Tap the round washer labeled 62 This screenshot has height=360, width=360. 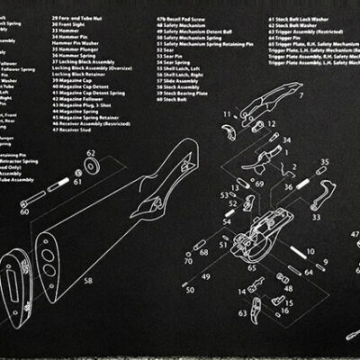[x=91, y=166]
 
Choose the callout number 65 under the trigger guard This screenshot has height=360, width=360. [x=251, y=268]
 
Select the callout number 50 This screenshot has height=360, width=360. [x=189, y=289]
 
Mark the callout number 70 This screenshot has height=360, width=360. [x=188, y=261]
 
